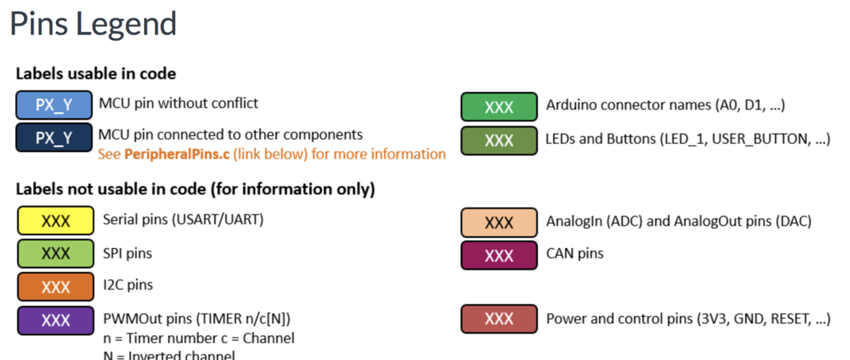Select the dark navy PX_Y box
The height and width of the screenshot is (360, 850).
[54, 138]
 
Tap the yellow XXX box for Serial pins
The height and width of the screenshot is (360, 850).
[55, 221]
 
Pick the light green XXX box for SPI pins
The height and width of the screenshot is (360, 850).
[55, 254]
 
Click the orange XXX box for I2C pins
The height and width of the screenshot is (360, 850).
[55, 286]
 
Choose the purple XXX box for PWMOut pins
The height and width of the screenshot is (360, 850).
[55, 320]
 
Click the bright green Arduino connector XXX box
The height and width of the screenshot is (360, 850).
[499, 107]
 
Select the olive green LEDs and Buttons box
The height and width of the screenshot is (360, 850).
[499, 140]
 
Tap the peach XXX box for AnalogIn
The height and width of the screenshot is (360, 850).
[499, 222]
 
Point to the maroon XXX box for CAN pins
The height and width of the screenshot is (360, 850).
[499, 255]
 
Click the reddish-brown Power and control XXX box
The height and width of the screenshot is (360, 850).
[499, 319]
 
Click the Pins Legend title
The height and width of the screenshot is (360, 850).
[93, 24]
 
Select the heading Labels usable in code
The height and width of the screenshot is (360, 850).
[96, 74]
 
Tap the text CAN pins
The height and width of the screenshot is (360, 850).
[575, 254]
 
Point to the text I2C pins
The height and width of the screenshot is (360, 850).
[128, 285]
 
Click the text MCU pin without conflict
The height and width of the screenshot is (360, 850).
[178, 103]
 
